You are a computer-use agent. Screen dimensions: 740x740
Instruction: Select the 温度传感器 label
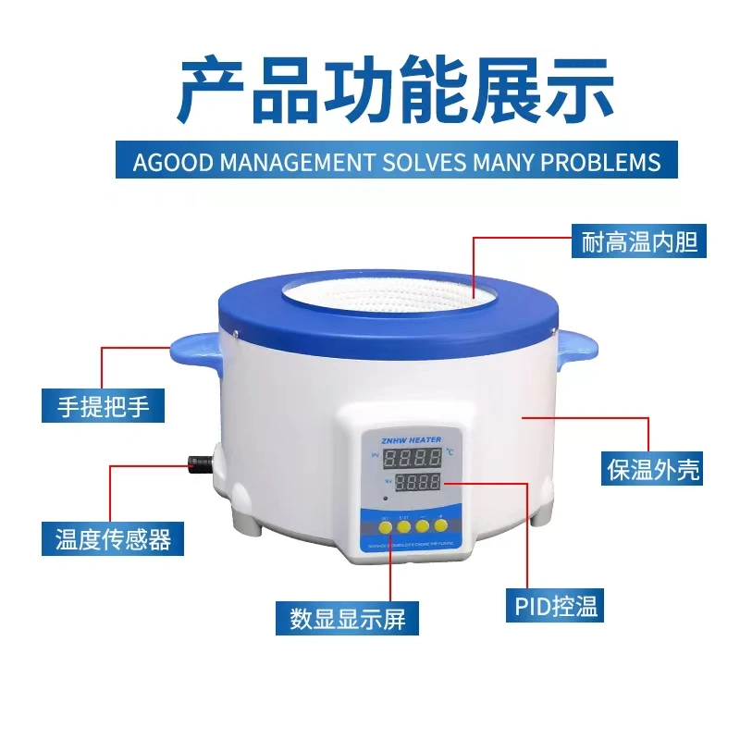[112, 537]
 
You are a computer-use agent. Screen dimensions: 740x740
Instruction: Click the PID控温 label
[556, 606]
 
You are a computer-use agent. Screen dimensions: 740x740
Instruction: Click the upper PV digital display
[412, 459]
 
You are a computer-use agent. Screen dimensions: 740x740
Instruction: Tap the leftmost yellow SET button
[383, 526]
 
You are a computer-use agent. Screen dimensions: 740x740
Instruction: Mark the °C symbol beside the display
[449, 452]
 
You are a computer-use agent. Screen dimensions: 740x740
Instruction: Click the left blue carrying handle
[191, 350]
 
